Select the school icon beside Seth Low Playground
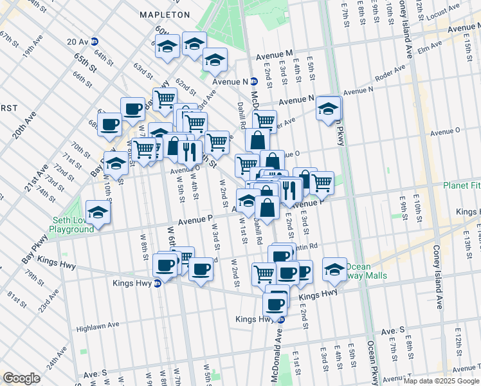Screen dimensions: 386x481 tap(98, 212)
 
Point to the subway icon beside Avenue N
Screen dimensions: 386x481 tap(255, 82)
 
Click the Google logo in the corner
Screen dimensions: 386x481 tap(22, 378)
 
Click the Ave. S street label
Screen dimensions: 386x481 tap(392, 331)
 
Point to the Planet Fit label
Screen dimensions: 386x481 tap(462, 185)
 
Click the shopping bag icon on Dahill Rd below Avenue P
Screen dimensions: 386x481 tap(267, 207)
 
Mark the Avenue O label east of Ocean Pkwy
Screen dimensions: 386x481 tap(446, 131)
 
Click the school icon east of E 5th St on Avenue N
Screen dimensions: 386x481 tap(329, 107)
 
